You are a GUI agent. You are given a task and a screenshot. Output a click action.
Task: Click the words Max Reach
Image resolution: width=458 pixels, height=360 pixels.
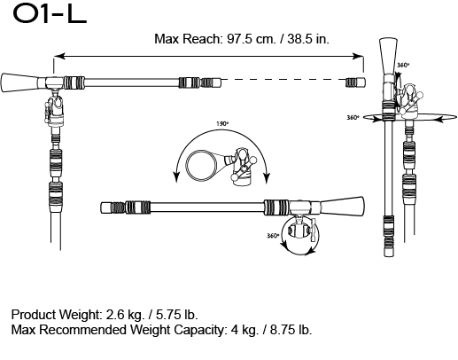pyautogui.click(x=182, y=39)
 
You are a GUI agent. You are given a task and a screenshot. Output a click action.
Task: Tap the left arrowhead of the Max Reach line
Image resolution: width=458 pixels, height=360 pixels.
pyautogui.click(x=57, y=56)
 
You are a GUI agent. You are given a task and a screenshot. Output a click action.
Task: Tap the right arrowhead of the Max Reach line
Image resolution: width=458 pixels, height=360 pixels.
pyautogui.click(x=361, y=56)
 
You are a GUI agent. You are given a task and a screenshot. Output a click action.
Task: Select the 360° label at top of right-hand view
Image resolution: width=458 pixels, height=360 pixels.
pyautogui.click(x=404, y=66)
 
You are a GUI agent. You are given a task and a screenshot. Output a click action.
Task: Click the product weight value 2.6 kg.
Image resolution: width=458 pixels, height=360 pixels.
pyautogui.click(x=124, y=315)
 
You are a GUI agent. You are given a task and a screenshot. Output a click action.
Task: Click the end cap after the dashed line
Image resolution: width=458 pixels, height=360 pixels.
pyautogui.click(x=353, y=82)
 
